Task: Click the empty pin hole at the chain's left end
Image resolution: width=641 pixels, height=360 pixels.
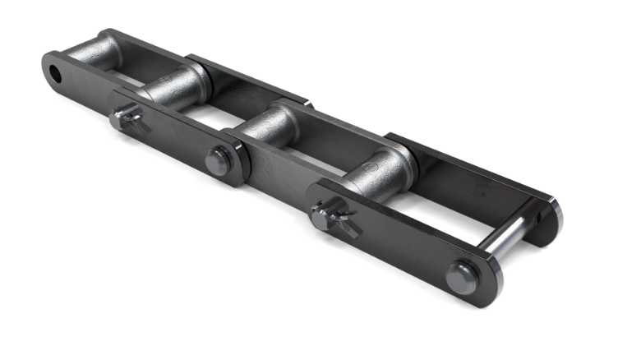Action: [56, 73]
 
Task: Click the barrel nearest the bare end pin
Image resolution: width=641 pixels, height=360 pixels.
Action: [380, 171]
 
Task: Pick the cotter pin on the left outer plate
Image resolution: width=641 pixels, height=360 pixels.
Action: [126, 119]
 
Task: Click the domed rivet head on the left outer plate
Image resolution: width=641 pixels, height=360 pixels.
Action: [219, 160]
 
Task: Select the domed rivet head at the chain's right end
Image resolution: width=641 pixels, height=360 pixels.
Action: [463, 275]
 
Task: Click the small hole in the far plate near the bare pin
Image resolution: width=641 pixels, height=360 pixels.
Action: [537, 219]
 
